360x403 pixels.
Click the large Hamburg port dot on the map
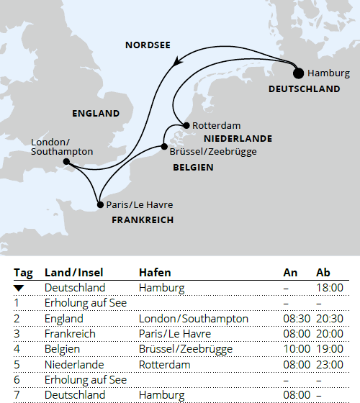(298, 73)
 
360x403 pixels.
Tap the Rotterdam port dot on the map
(186, 125)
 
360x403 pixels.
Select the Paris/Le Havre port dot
(99, 205)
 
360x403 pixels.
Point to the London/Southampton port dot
(66, 162)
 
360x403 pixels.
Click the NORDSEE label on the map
(148, 45)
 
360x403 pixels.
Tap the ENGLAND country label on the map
(96, 114)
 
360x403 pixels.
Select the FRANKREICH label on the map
(143, 220)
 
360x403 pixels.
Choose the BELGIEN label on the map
(193, 167)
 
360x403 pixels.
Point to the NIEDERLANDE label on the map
(238, 138)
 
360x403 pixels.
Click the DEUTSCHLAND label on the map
(304, 89)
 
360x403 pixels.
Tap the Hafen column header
(154, 273)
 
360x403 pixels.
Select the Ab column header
(323, 273)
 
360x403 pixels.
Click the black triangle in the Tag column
(19, 288)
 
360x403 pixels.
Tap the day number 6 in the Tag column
(17, 379)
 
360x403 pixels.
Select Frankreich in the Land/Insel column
(68, 334)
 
